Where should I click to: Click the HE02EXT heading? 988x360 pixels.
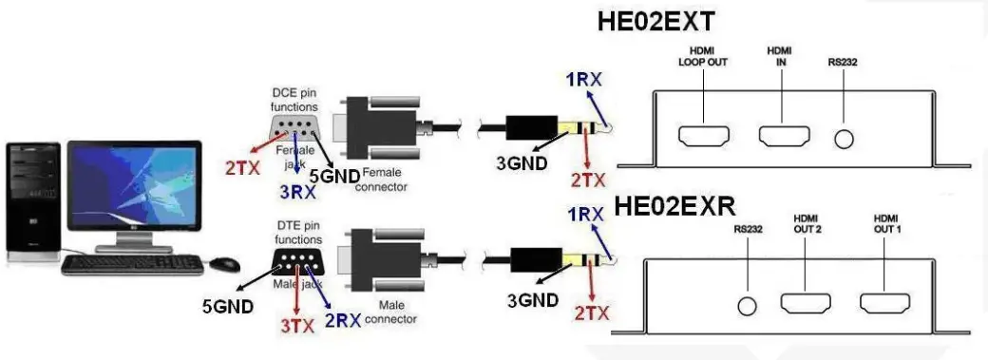click(x=655, y=22)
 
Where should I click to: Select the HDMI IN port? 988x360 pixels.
click(x=783, y=137)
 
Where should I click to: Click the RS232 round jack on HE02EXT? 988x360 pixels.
click(x=844, y=138)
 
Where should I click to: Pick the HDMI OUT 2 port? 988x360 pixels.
click(x=807, y=305)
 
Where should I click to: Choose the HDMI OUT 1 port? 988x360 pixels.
click(x=886, y=305)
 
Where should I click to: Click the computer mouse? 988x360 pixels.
click(x=225, y=262)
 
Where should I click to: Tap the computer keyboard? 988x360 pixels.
click(x=132, y=263)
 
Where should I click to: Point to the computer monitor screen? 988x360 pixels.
click(x=135, y=186)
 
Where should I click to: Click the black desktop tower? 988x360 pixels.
click(x=34, y=200)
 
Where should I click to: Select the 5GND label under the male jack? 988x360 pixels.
click(x=227, y=306)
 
